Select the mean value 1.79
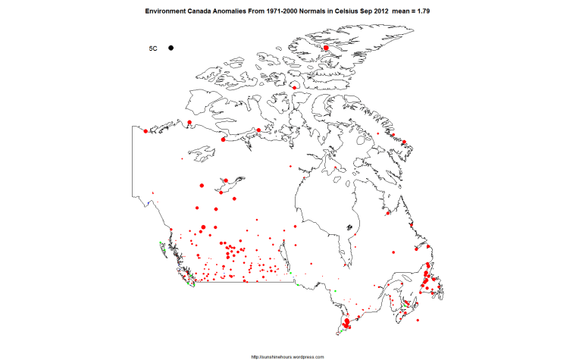pyautogui.click(x=434, y=12)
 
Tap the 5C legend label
pyautogui.click(x=152, y=49)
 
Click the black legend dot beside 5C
pyautogui.click(x=172, y=49)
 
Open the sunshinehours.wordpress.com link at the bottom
pyautogui.click(x=287, y=356)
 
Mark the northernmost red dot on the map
pyautogui.click(x=326, y=48)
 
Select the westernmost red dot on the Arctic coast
pyautogui.click(x=146, y=131)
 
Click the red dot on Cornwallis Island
pyautogui.click(x=293, y=88)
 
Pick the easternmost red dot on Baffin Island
pyautogui.click(x=405, y=142)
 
